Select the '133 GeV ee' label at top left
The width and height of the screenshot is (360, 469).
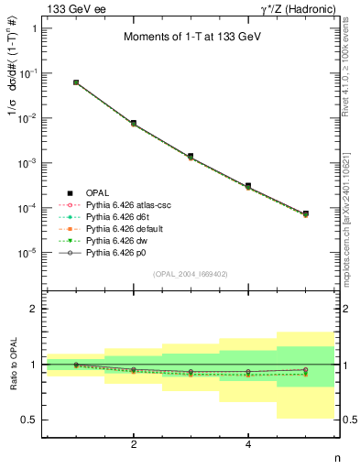point(72,8)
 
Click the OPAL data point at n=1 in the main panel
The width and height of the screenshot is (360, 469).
point(76,82)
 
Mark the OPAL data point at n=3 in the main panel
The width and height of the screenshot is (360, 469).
point(191,157)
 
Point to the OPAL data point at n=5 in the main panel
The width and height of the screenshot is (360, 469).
point(305,213)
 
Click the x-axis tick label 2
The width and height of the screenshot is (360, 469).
point(134,445)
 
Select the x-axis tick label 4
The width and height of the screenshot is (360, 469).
point(248,445)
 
